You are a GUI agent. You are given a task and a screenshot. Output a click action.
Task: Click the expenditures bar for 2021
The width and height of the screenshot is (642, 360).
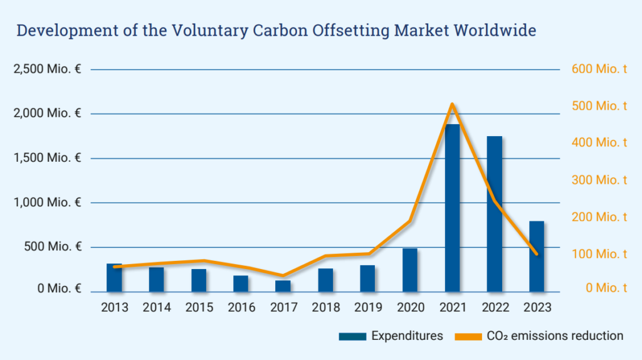point(452,208)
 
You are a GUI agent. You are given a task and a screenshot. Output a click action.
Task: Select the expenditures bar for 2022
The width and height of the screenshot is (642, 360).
point(494,214)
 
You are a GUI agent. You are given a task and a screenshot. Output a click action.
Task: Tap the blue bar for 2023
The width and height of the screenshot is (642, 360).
point(537,257)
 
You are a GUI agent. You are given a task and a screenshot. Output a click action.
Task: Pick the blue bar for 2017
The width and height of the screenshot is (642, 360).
point(283,286)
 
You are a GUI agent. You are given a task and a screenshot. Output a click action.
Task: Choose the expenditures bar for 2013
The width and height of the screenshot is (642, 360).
point(114,278)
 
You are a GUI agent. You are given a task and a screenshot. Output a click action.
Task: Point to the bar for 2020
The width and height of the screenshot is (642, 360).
point(410,270)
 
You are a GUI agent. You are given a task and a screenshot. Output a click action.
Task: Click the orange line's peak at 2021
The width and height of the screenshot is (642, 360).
point(452,104)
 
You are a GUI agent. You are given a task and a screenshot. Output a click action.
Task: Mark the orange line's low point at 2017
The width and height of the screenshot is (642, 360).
point(283,276)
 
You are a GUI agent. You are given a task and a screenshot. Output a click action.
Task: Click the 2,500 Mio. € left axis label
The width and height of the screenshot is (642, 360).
point(47,69)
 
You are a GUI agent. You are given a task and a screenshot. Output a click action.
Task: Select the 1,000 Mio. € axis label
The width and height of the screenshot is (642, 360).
point(47,202)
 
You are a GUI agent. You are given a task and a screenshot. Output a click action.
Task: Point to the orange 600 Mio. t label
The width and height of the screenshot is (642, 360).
point(599,69)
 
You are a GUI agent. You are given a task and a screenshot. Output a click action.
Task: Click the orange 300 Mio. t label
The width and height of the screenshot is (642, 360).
point(599,180)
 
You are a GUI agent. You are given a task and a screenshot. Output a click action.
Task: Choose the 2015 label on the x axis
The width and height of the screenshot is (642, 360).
point(199,307)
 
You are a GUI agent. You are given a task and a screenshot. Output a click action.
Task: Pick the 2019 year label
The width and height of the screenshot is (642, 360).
point(367,307)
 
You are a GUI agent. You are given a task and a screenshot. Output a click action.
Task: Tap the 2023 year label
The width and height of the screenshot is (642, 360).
point(537,307)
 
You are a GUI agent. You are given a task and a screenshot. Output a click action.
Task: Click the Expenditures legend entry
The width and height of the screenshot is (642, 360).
point(406,336)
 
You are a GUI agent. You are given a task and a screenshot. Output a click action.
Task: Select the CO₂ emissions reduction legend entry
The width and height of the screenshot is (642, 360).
point(555,336)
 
